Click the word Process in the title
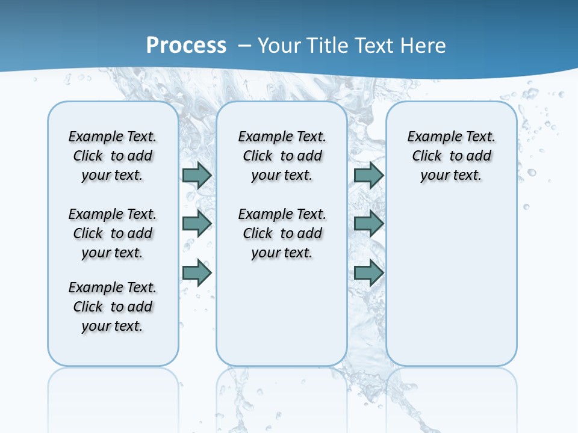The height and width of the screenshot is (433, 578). coord(186,46)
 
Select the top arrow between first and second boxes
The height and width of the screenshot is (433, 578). coord(197,175)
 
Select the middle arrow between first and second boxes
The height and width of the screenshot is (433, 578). coord(197,224)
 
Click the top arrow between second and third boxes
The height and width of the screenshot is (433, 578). coord(368,175)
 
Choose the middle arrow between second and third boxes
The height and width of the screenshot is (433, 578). coord(368,224)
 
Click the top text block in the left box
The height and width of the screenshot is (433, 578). coord(113,156)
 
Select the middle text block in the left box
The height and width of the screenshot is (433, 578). coord(113,233)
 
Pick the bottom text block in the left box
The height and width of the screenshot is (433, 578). coord(113,307)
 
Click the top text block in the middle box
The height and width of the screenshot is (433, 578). coord(282,156)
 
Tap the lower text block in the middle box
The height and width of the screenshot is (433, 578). coord(282,233)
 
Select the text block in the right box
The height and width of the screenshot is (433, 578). coord(451,156)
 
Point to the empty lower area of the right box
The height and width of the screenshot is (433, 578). coord(451,283)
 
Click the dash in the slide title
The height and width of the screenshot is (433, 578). coord(244,46)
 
